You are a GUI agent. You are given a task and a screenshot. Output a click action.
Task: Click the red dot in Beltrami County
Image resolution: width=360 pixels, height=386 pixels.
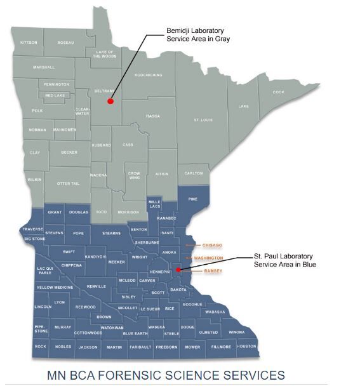(110, 101)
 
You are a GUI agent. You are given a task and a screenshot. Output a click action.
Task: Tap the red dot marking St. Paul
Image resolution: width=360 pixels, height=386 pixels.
(179, 269)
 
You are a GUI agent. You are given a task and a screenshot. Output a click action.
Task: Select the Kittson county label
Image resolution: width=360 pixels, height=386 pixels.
(29, 43)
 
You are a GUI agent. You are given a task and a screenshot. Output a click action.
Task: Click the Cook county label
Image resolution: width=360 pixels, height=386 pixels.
(278, 92)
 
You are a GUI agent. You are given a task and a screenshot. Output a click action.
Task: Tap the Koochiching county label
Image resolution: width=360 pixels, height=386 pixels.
(149, 75)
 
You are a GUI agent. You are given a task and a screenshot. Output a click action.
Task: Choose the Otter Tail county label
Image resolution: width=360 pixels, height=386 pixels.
(68, 183)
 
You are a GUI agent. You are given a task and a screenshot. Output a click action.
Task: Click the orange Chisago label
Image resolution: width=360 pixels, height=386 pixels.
(212, 244)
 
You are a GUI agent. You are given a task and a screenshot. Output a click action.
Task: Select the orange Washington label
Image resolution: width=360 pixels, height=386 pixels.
(208, 258)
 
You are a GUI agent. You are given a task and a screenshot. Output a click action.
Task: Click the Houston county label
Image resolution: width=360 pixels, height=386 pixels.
(246, 346)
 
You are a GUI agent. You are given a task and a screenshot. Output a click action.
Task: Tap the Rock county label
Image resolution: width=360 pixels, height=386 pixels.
(41, 347)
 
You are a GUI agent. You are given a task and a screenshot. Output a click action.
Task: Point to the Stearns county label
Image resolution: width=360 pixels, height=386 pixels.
(111, 233)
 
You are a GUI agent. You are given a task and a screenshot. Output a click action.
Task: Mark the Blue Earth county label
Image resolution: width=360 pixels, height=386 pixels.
(135, 333)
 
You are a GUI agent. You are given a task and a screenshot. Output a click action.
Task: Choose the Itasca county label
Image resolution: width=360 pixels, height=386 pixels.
(152, 116)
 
